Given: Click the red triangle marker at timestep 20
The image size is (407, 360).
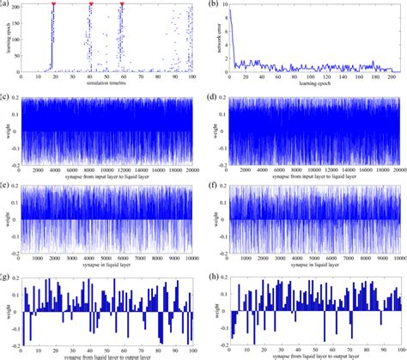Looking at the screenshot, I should pyautogui.click(x=53, y=4).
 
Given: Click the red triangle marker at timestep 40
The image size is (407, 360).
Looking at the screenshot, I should pyautogui.click(x=90, y=4).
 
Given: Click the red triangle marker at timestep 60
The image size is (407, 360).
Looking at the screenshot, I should pyautogui.click(x=122, y=4).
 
